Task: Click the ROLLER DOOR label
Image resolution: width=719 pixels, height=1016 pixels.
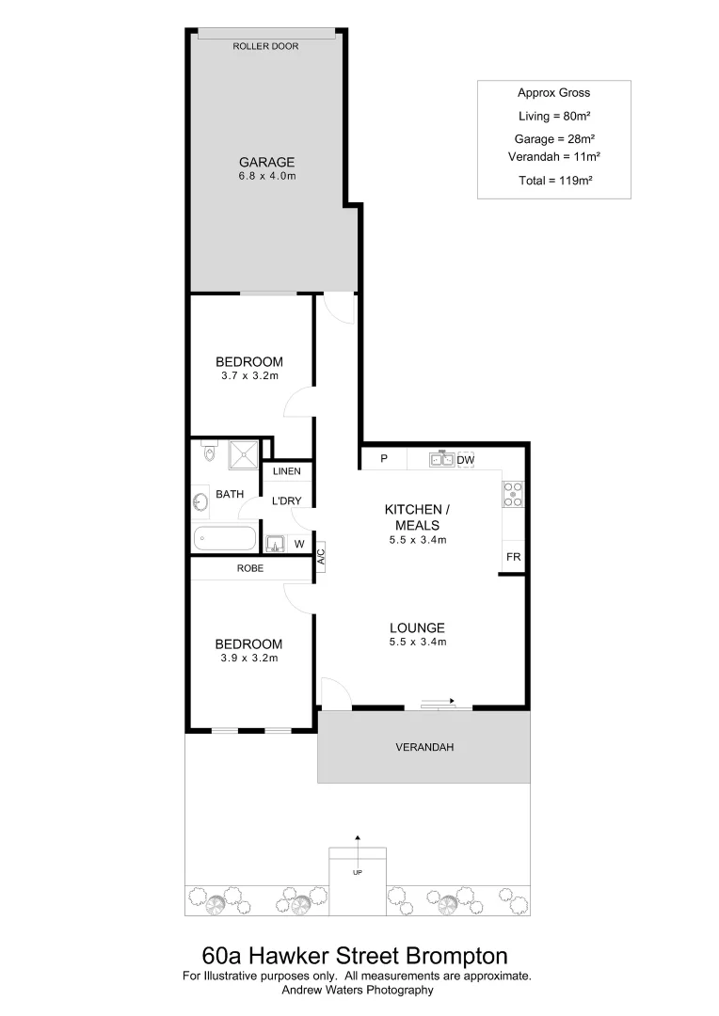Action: tap(265, 45)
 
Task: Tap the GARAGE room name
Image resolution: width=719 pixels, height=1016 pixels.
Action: tap(266, 161)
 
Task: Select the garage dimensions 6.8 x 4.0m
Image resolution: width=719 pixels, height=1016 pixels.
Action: tap(266, 176)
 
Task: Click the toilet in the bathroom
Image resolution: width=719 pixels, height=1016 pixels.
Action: tap(210, 454)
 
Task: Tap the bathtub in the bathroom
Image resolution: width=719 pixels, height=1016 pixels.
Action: tap(225, 540)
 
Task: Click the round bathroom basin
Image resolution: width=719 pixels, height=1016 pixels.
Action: tap(200, 503)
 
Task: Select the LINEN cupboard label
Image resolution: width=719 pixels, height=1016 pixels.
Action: tap(287, 471)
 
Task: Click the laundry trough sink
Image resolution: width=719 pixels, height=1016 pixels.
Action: tap(276, 543)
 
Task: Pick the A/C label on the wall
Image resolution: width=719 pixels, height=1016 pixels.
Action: tap(320, 557)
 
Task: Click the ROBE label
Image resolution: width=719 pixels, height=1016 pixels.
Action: tap(249, 568)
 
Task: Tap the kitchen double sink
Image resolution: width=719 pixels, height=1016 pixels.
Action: tap(441, 459)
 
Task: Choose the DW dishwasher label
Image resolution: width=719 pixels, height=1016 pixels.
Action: tap(465, 460)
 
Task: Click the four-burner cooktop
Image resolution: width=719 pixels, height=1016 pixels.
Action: tap(513, 494)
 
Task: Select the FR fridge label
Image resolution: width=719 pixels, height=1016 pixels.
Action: tap(513, 557)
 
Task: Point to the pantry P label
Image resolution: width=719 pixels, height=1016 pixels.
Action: tap(384, 460)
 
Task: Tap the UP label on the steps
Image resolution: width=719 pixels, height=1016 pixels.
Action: tap(358, 873)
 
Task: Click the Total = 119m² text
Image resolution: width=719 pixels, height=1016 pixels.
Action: tap(554, 179)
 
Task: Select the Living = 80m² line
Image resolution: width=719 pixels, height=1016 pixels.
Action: tap(554, 116)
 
